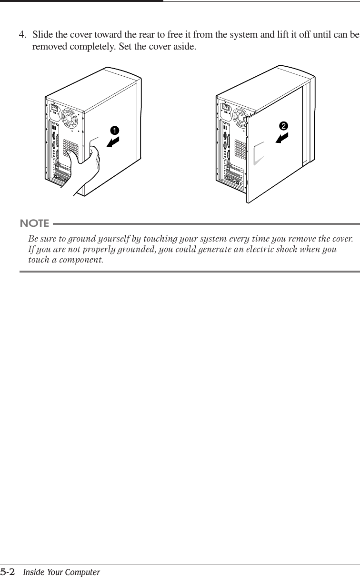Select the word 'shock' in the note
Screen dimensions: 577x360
(x=285, y=249)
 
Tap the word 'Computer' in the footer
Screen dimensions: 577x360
(x=84, y=572)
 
